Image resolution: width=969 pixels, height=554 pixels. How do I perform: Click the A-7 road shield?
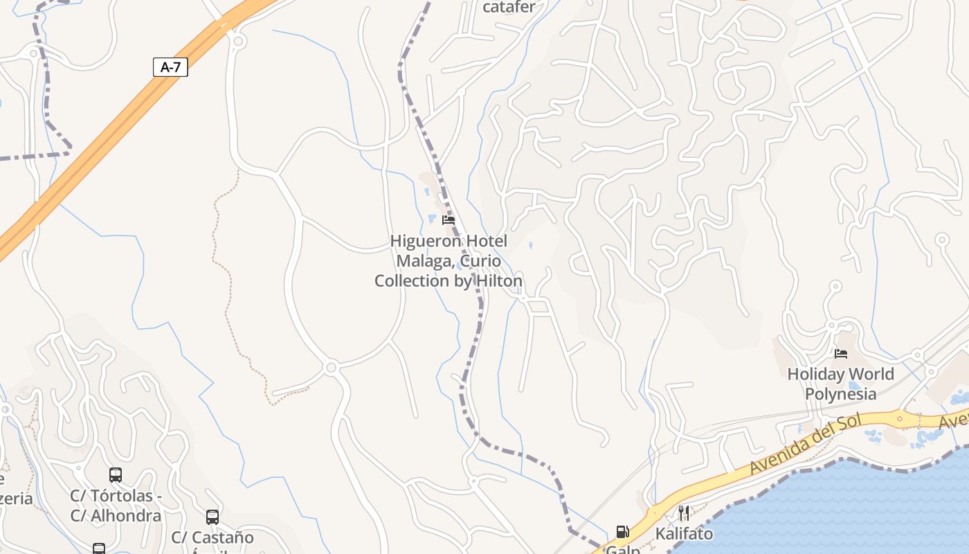pos(170,67)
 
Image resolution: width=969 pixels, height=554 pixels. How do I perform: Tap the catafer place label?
pos(509,8)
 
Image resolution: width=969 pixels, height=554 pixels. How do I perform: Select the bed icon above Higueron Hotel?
pos(449,220)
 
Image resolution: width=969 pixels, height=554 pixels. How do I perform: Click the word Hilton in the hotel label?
pos(498,281)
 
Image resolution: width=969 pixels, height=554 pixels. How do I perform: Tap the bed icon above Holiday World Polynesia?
pos(841,354)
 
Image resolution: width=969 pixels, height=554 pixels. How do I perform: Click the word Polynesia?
pos(840,394)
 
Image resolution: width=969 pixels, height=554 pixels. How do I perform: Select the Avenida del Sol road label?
pos(806,444)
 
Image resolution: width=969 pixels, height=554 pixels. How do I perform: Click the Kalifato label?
pos(684,534)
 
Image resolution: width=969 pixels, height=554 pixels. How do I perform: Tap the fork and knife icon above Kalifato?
pos(684,512)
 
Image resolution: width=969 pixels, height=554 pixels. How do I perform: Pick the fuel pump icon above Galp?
pos(622,532)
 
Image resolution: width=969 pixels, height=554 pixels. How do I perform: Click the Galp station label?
pos(622,549)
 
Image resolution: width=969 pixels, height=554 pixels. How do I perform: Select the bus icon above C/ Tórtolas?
pos(116,475)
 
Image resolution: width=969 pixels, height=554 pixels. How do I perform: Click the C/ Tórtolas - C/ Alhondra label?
pos(116,506)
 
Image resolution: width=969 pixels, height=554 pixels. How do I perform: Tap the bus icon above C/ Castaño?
pos(212,517)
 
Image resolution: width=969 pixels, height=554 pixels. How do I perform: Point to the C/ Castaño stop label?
pos(212,537)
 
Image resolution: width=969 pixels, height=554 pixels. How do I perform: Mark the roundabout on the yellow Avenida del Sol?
pos(900,418)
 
